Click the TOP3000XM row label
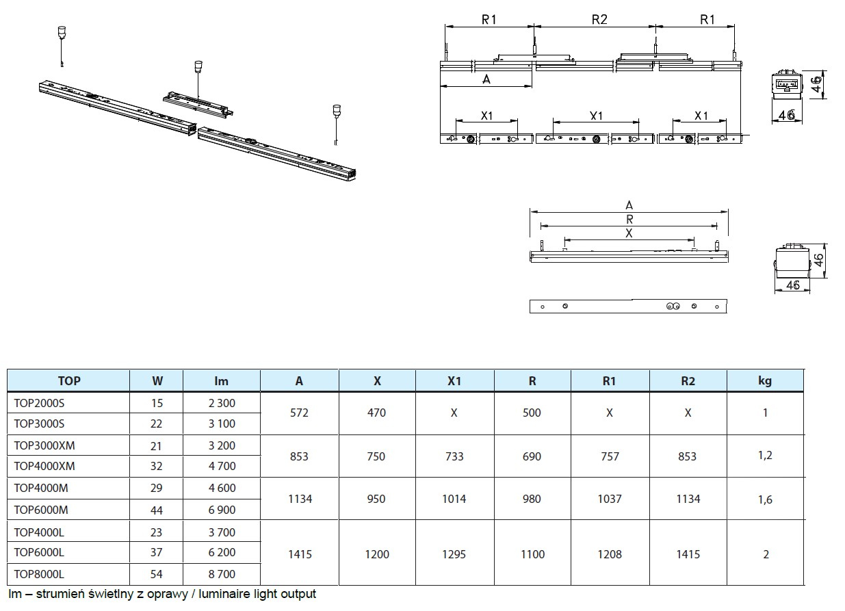coord(44,446)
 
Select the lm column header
coord(222,381)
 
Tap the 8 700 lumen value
coord(222,575)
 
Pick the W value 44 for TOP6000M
coord(156,510)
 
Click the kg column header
coord(765,381)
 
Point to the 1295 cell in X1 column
coord(454,554)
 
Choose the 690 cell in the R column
coord(532,457)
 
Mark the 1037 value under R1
coord(610,499)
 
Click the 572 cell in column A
coord(299,413)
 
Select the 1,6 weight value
coord(765,499)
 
